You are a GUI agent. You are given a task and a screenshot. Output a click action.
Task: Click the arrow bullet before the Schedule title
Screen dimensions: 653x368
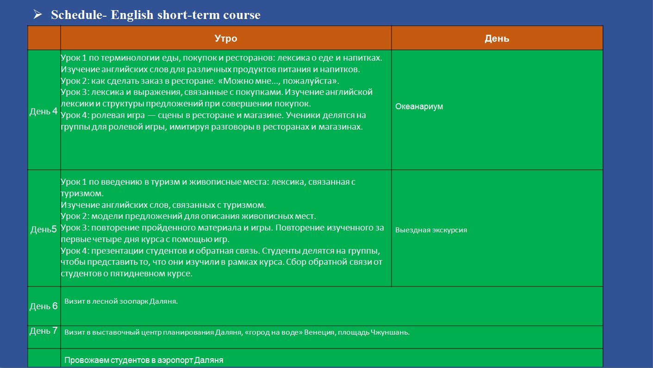pyautogui.click(x=37, y=14)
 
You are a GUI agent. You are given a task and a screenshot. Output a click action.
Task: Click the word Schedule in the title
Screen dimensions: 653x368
pyautogui.click(x=77, y=15)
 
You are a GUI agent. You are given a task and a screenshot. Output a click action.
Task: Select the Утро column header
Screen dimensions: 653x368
pyautogui.click(x=226, y=38)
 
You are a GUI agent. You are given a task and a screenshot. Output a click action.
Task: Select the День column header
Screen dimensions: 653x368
pyautogui.click(x=497, y=39)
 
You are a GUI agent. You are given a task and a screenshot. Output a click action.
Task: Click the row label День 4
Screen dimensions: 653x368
pyautogui.click(x=44, y=111)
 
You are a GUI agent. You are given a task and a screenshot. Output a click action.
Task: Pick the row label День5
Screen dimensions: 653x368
pyautogui.click(x=44, y=229)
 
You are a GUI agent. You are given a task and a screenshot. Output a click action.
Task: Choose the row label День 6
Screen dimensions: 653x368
pyautogui.click(x=44, y=306)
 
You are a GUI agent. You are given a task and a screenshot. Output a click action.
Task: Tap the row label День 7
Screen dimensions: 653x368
pyautogui.click(x=44, y=331)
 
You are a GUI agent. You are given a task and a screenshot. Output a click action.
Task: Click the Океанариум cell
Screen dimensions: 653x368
pyautogui.click(x=419, y=107)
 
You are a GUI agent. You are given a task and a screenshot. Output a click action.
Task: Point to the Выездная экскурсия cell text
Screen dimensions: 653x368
pyautogui.click(x=431, y=230)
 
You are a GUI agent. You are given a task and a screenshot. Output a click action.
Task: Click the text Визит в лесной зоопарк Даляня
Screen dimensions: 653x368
pyautogui.click(x=121, y=301)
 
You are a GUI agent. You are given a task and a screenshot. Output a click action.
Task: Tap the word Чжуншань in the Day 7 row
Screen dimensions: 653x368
pyautogui.click(x=390, y=332)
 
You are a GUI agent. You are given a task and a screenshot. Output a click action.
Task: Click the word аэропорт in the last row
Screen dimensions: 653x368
pyautogui.click(x=175, y=361)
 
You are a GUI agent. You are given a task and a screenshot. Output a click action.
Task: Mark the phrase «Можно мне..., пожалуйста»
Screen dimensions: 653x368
pyautogui.click(x=279, y=81)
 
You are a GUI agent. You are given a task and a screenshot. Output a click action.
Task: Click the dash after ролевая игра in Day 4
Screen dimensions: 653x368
pyautogui.click(x=151, y=115)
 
